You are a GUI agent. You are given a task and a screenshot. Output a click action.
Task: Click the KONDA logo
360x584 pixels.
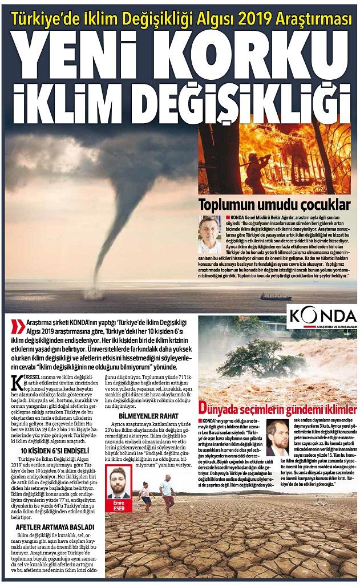click(x=322, y=315)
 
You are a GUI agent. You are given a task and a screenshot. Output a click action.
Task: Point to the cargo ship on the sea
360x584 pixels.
click(x=276, y=297)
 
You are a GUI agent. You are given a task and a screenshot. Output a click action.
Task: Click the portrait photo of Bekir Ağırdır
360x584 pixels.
click(x=209, y=234)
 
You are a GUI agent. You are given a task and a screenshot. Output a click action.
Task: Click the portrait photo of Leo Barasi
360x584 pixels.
click(x=278, y=437)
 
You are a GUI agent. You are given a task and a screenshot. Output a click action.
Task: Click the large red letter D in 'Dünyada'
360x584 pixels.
click(x=204, y=408)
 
